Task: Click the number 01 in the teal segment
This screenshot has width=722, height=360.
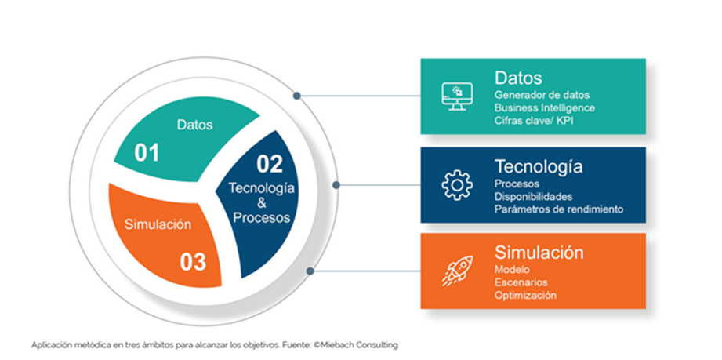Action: [147, 152]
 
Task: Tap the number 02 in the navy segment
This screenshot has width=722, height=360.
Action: [269, 164]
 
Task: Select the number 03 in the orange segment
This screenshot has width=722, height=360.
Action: [192, 261]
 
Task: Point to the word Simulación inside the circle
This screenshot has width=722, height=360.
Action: [158, 224]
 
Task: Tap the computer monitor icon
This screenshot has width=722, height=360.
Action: [456, 96]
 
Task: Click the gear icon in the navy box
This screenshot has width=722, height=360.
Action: [457, 184]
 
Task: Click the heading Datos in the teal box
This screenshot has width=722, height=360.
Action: [518, 78]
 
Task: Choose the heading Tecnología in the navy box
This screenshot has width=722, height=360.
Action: [538, 167]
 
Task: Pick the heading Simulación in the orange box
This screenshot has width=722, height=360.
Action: [539, 253]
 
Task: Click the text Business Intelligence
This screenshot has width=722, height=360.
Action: [544, 107]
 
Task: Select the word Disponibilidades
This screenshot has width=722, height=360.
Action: [533, 196]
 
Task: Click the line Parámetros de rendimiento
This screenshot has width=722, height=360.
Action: [558, 209]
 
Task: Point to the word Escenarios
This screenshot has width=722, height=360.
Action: [521, 282]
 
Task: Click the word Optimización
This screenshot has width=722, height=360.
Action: [525, 296]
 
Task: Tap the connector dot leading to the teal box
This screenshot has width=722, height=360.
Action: [297, 96]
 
